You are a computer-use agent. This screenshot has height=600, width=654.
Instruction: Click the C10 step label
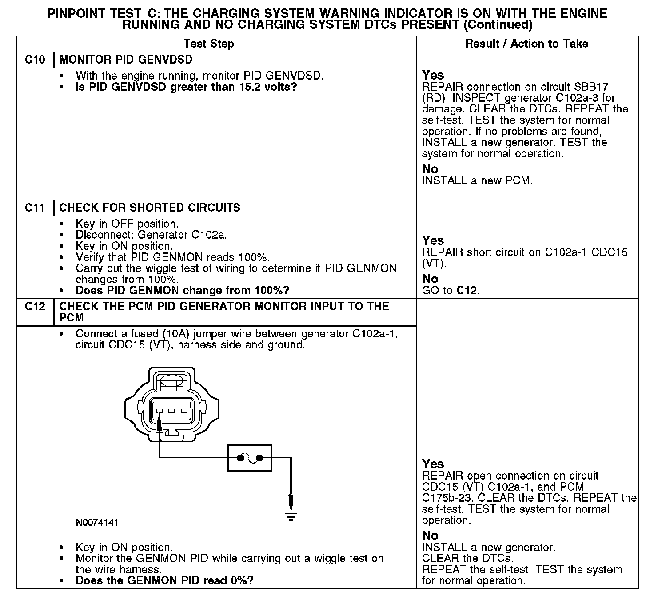coord(35,60)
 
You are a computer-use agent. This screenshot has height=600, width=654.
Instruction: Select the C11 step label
coord(35,208)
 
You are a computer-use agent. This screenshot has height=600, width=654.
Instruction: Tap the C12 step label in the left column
coord(35,307)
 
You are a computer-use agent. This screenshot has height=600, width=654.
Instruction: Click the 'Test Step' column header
coord(209,44)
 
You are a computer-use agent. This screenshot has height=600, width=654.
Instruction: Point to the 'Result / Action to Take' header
coord(526,44)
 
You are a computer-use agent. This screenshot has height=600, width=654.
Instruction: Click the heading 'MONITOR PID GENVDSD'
coord(126,60)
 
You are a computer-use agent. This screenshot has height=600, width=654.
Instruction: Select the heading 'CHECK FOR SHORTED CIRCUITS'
coord(149,208)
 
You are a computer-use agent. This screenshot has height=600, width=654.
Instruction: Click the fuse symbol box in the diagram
coord(250,458)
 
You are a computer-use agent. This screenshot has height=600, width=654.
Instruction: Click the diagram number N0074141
coord(97,523)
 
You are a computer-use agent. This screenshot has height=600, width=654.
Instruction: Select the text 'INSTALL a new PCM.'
coord(477,181)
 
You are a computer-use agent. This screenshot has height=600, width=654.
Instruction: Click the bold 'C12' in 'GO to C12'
coord(467,291)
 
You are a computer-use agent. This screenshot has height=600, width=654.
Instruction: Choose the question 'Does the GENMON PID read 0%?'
coord(164,580)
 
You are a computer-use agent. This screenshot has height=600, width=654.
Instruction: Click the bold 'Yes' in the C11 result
coord(433,240)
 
